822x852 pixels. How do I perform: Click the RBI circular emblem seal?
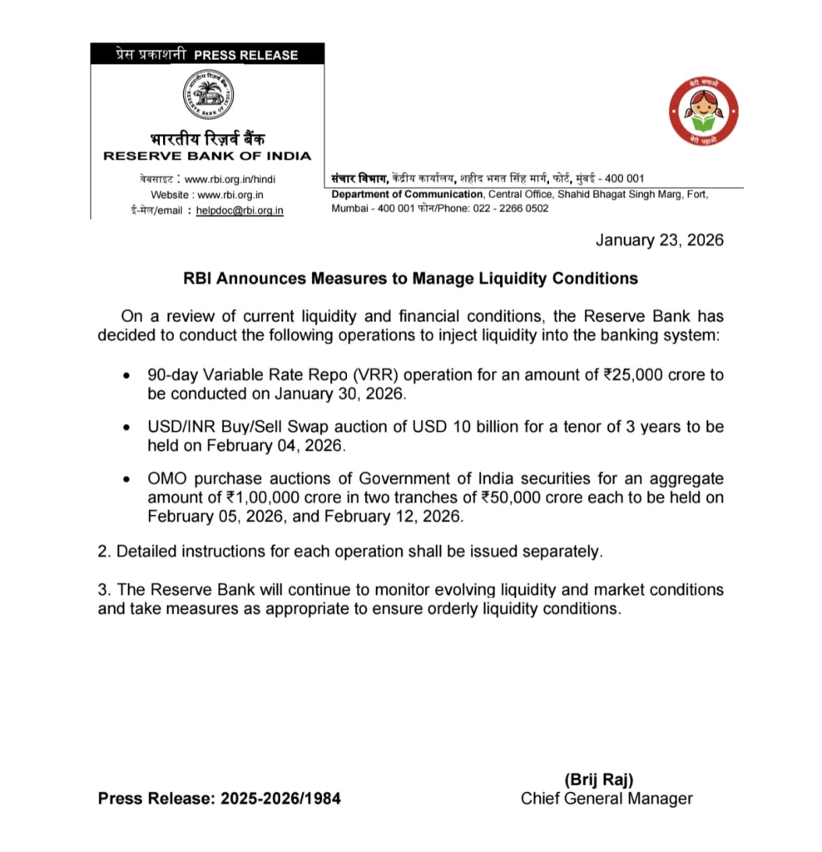(x=207, y=95)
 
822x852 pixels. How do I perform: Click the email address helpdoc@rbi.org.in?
(x=240, y=211)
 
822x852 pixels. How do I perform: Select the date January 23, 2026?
(x=660, y=240)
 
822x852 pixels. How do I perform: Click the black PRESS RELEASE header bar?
(x=207, y=55)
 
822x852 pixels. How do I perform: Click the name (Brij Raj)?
(x=599, y=780)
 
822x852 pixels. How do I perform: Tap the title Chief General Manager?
(x=607, y=799)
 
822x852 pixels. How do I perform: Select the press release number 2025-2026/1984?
(x=280, y=799)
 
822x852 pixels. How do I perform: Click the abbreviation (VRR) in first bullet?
(x=376, y=374)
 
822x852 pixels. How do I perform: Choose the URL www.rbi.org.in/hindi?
(x=230, y=179)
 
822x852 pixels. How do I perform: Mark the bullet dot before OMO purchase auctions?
(x=125, y=480)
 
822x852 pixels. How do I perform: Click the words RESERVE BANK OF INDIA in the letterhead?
(x=207, y=156)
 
